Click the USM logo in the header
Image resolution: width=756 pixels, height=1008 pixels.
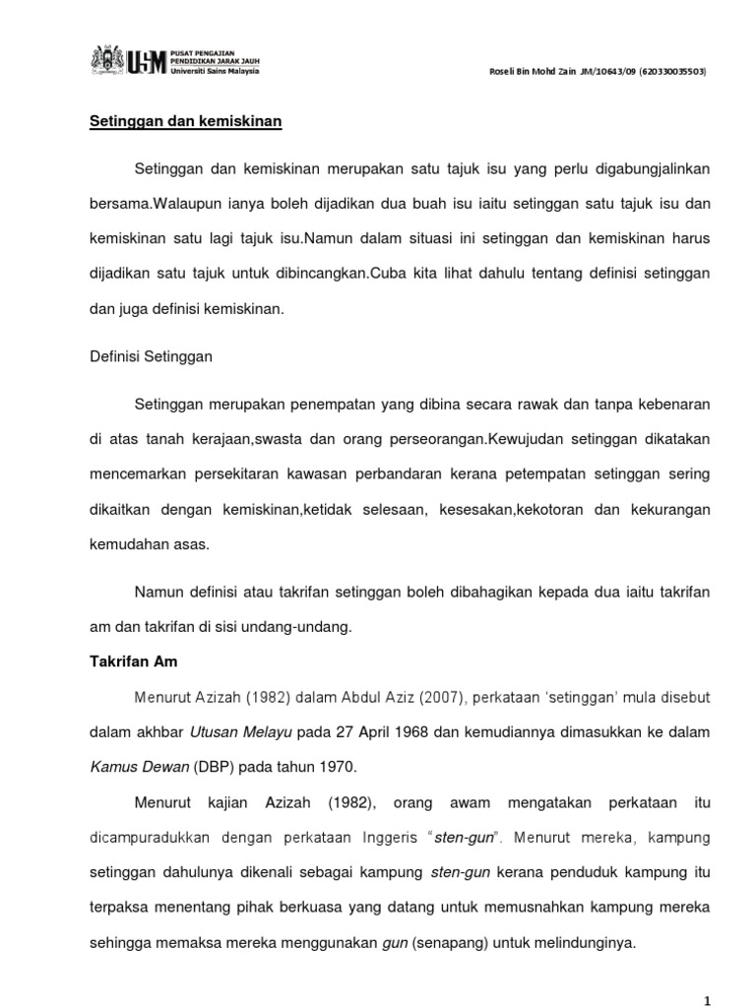(x=146, y=61)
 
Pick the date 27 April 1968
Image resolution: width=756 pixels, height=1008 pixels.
(x=360, y=732)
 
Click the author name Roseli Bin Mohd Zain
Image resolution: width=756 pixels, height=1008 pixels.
(x=523, y=73)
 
